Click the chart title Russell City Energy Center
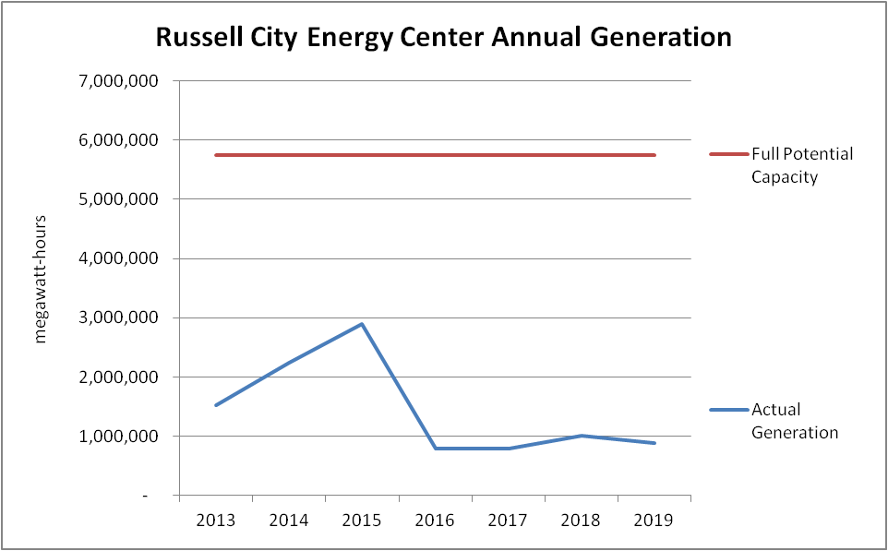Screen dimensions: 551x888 443,37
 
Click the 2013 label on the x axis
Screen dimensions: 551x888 215,520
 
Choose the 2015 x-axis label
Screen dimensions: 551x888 362,520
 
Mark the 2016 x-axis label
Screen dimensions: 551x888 435,520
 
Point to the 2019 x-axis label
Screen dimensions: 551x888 654,520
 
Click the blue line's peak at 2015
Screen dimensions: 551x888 362,324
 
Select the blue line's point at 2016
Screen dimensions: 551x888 435,449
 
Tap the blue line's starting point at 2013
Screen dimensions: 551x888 215,405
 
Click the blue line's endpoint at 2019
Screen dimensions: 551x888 654,443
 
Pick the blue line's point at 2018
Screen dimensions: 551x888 582,436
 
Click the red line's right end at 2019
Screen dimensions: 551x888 654,155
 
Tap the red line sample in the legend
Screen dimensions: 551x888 728,154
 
